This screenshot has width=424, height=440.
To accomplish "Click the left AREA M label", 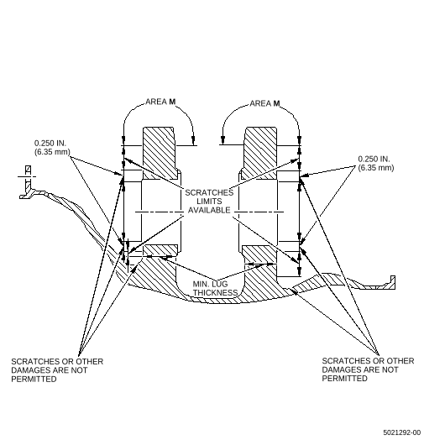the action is pos(160,102).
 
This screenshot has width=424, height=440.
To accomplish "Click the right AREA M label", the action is pos(264,103).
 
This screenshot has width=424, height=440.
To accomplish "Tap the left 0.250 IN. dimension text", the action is pos(50,143).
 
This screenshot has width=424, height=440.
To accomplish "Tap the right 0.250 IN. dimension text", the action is pos(374,159).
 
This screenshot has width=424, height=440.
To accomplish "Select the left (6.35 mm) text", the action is pos(52,152).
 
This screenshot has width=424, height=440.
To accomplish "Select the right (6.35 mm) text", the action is pos(376,168).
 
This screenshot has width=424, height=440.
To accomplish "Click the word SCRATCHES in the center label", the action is pos(209,193).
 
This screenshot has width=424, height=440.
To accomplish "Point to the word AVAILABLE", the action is pos(209,210).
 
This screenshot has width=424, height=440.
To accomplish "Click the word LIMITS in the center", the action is pos(209,202).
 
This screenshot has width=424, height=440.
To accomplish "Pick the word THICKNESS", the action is pos(215,293).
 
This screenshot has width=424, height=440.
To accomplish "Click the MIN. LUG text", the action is pos(210,284).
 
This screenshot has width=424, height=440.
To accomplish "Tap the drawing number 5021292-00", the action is pos(402,432).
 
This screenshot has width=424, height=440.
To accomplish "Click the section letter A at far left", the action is pos(28,170).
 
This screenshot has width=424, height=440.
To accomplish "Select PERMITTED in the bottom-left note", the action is pos(34,379).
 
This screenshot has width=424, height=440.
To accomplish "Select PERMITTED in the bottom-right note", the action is pos(344,379).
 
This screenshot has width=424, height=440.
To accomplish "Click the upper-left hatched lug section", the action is pos(160,153).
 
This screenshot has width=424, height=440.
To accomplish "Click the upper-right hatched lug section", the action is pos(259,153).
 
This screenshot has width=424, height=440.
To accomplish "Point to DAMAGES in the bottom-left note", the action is pos(31,370).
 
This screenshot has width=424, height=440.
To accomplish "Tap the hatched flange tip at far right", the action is pos(392,282).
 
